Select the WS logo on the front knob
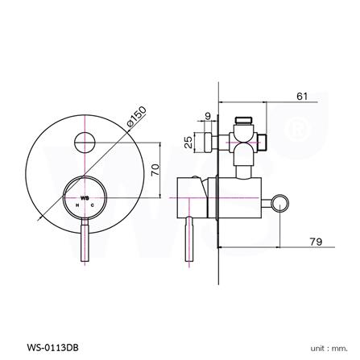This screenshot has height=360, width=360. (x=84, y=197)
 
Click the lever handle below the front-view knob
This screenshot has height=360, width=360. (x=84, y=245)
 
